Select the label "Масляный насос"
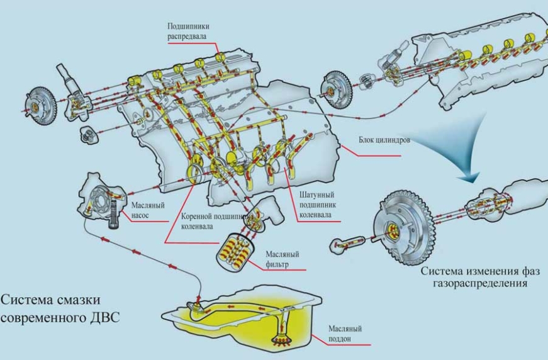147,209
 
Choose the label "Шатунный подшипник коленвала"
315,205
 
